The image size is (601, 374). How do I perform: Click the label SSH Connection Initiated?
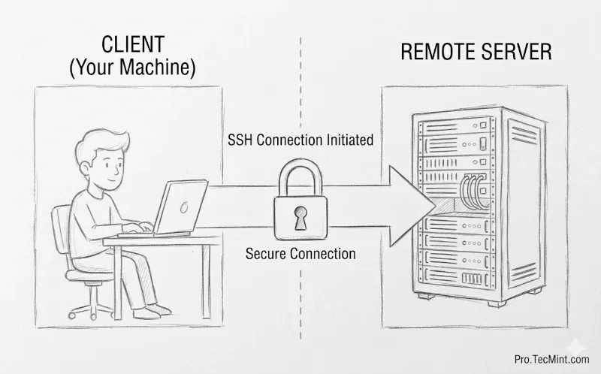[300, 140]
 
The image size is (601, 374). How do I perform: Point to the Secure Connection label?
[300, 253]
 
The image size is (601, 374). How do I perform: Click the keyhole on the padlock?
[300, 219]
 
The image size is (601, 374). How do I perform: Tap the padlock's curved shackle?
[300, 175]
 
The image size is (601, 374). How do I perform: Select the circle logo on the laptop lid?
[183, 207]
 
